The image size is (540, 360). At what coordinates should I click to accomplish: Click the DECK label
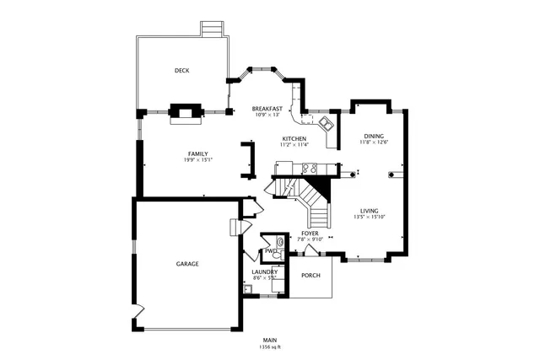pos(181,71)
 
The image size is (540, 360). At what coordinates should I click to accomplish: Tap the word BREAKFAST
pos(267,109)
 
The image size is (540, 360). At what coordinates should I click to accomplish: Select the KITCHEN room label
pos(294,138)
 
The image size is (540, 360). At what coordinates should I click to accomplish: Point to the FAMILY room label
pos(198,153)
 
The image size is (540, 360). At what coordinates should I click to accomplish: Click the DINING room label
pos(374,136)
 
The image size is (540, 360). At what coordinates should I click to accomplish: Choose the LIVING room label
pos(369,210)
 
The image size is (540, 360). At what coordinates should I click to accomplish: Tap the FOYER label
pos(310,233)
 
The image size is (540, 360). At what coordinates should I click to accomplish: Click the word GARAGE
pos(187,264)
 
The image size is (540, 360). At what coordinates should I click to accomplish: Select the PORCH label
pos(311,276)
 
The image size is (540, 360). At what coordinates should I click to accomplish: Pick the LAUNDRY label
pos(265,271)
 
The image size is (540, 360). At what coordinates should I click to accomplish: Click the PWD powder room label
pos(270,250)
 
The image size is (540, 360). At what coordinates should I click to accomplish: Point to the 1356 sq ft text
pos(270,347)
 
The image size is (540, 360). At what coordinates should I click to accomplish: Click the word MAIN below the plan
pos(270,339)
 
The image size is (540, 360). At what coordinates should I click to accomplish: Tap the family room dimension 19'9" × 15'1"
pos(198,160)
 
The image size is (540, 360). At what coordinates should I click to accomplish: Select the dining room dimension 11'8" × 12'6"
pos(374,142)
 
